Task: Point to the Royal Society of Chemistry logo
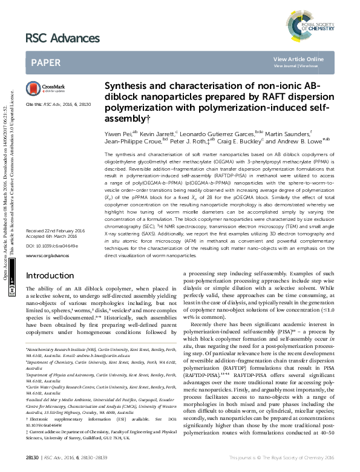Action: (x=318, y=18)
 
